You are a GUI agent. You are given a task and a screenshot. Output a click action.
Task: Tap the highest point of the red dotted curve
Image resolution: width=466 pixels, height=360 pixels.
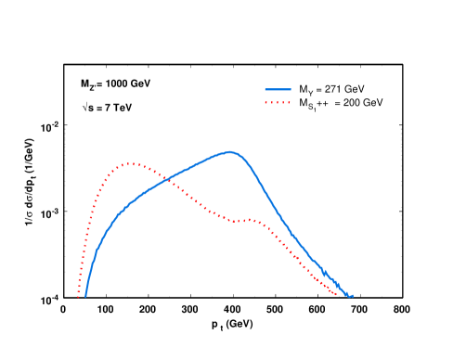point(132,163)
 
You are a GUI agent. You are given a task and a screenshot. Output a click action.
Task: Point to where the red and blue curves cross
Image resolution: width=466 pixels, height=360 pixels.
point(168,179)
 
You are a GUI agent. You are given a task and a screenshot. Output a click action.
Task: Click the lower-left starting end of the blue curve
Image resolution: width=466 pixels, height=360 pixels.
point(85,296)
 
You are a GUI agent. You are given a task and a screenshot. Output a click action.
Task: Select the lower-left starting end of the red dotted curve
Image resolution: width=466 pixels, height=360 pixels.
point(79,296)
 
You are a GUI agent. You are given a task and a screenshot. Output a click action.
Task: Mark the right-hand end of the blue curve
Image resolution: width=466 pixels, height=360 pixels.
point(353,296)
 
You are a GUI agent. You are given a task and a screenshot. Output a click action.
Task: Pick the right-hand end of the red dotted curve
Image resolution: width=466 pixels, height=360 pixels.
point(337,294)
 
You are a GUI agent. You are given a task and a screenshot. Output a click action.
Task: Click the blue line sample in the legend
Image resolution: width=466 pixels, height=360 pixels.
point(278,89)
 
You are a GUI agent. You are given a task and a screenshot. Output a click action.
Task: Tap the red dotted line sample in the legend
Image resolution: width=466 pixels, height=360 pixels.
point(278,101)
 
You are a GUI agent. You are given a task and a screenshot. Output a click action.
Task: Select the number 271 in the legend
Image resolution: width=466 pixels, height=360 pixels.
point(330,89)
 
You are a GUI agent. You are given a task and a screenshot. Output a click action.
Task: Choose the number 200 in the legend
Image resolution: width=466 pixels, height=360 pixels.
point(351,101)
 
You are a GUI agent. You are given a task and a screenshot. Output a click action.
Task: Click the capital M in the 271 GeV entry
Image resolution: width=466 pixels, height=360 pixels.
point(302,89)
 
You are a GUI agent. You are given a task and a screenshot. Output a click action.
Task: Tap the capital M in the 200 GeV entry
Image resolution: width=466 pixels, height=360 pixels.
point(302,101)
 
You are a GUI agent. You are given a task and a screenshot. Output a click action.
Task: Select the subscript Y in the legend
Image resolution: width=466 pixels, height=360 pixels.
point(308,92)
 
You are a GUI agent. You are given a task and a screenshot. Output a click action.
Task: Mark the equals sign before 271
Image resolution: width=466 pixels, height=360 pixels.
point(317,89)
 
